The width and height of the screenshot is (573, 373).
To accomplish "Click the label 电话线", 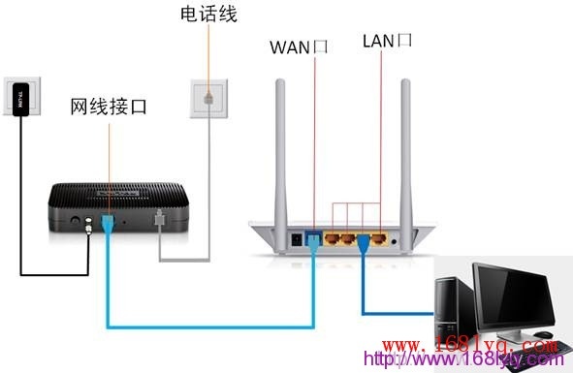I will coord(208,15).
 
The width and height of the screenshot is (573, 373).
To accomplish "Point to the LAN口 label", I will coord(387,41).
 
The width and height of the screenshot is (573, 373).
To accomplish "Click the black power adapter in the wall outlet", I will coord(19,98).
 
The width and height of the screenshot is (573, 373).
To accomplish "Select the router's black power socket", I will coord(297,235).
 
